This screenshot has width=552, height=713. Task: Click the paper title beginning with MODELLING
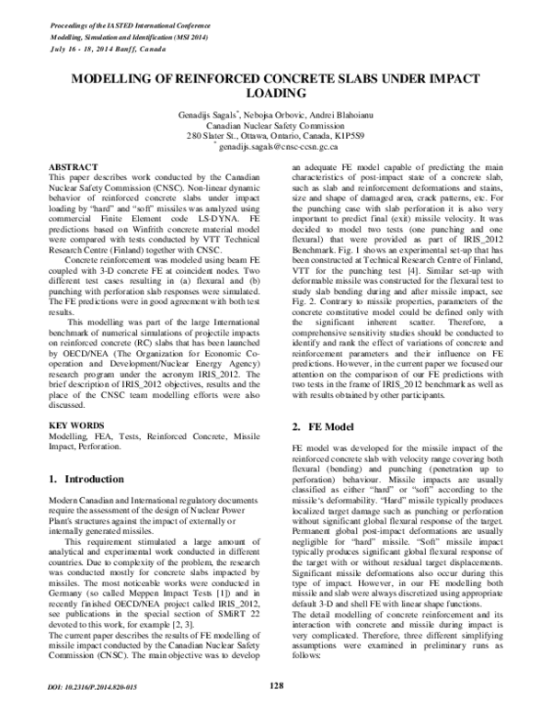[276, 85]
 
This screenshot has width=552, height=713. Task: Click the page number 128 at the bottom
[276, 684]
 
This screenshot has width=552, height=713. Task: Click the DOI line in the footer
[89, 685]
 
